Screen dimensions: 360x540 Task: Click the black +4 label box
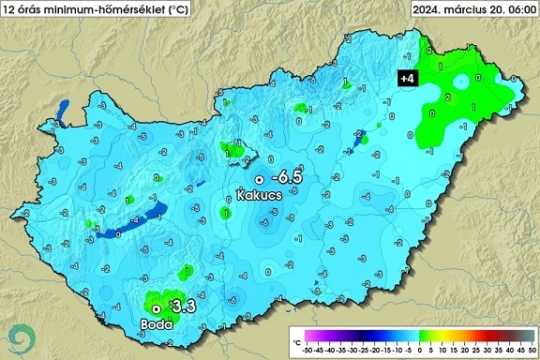click(x=408, y=79)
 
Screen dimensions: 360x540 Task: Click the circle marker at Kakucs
click(x=260, y=179)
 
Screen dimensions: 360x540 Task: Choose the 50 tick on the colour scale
click(x=532, y=350)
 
